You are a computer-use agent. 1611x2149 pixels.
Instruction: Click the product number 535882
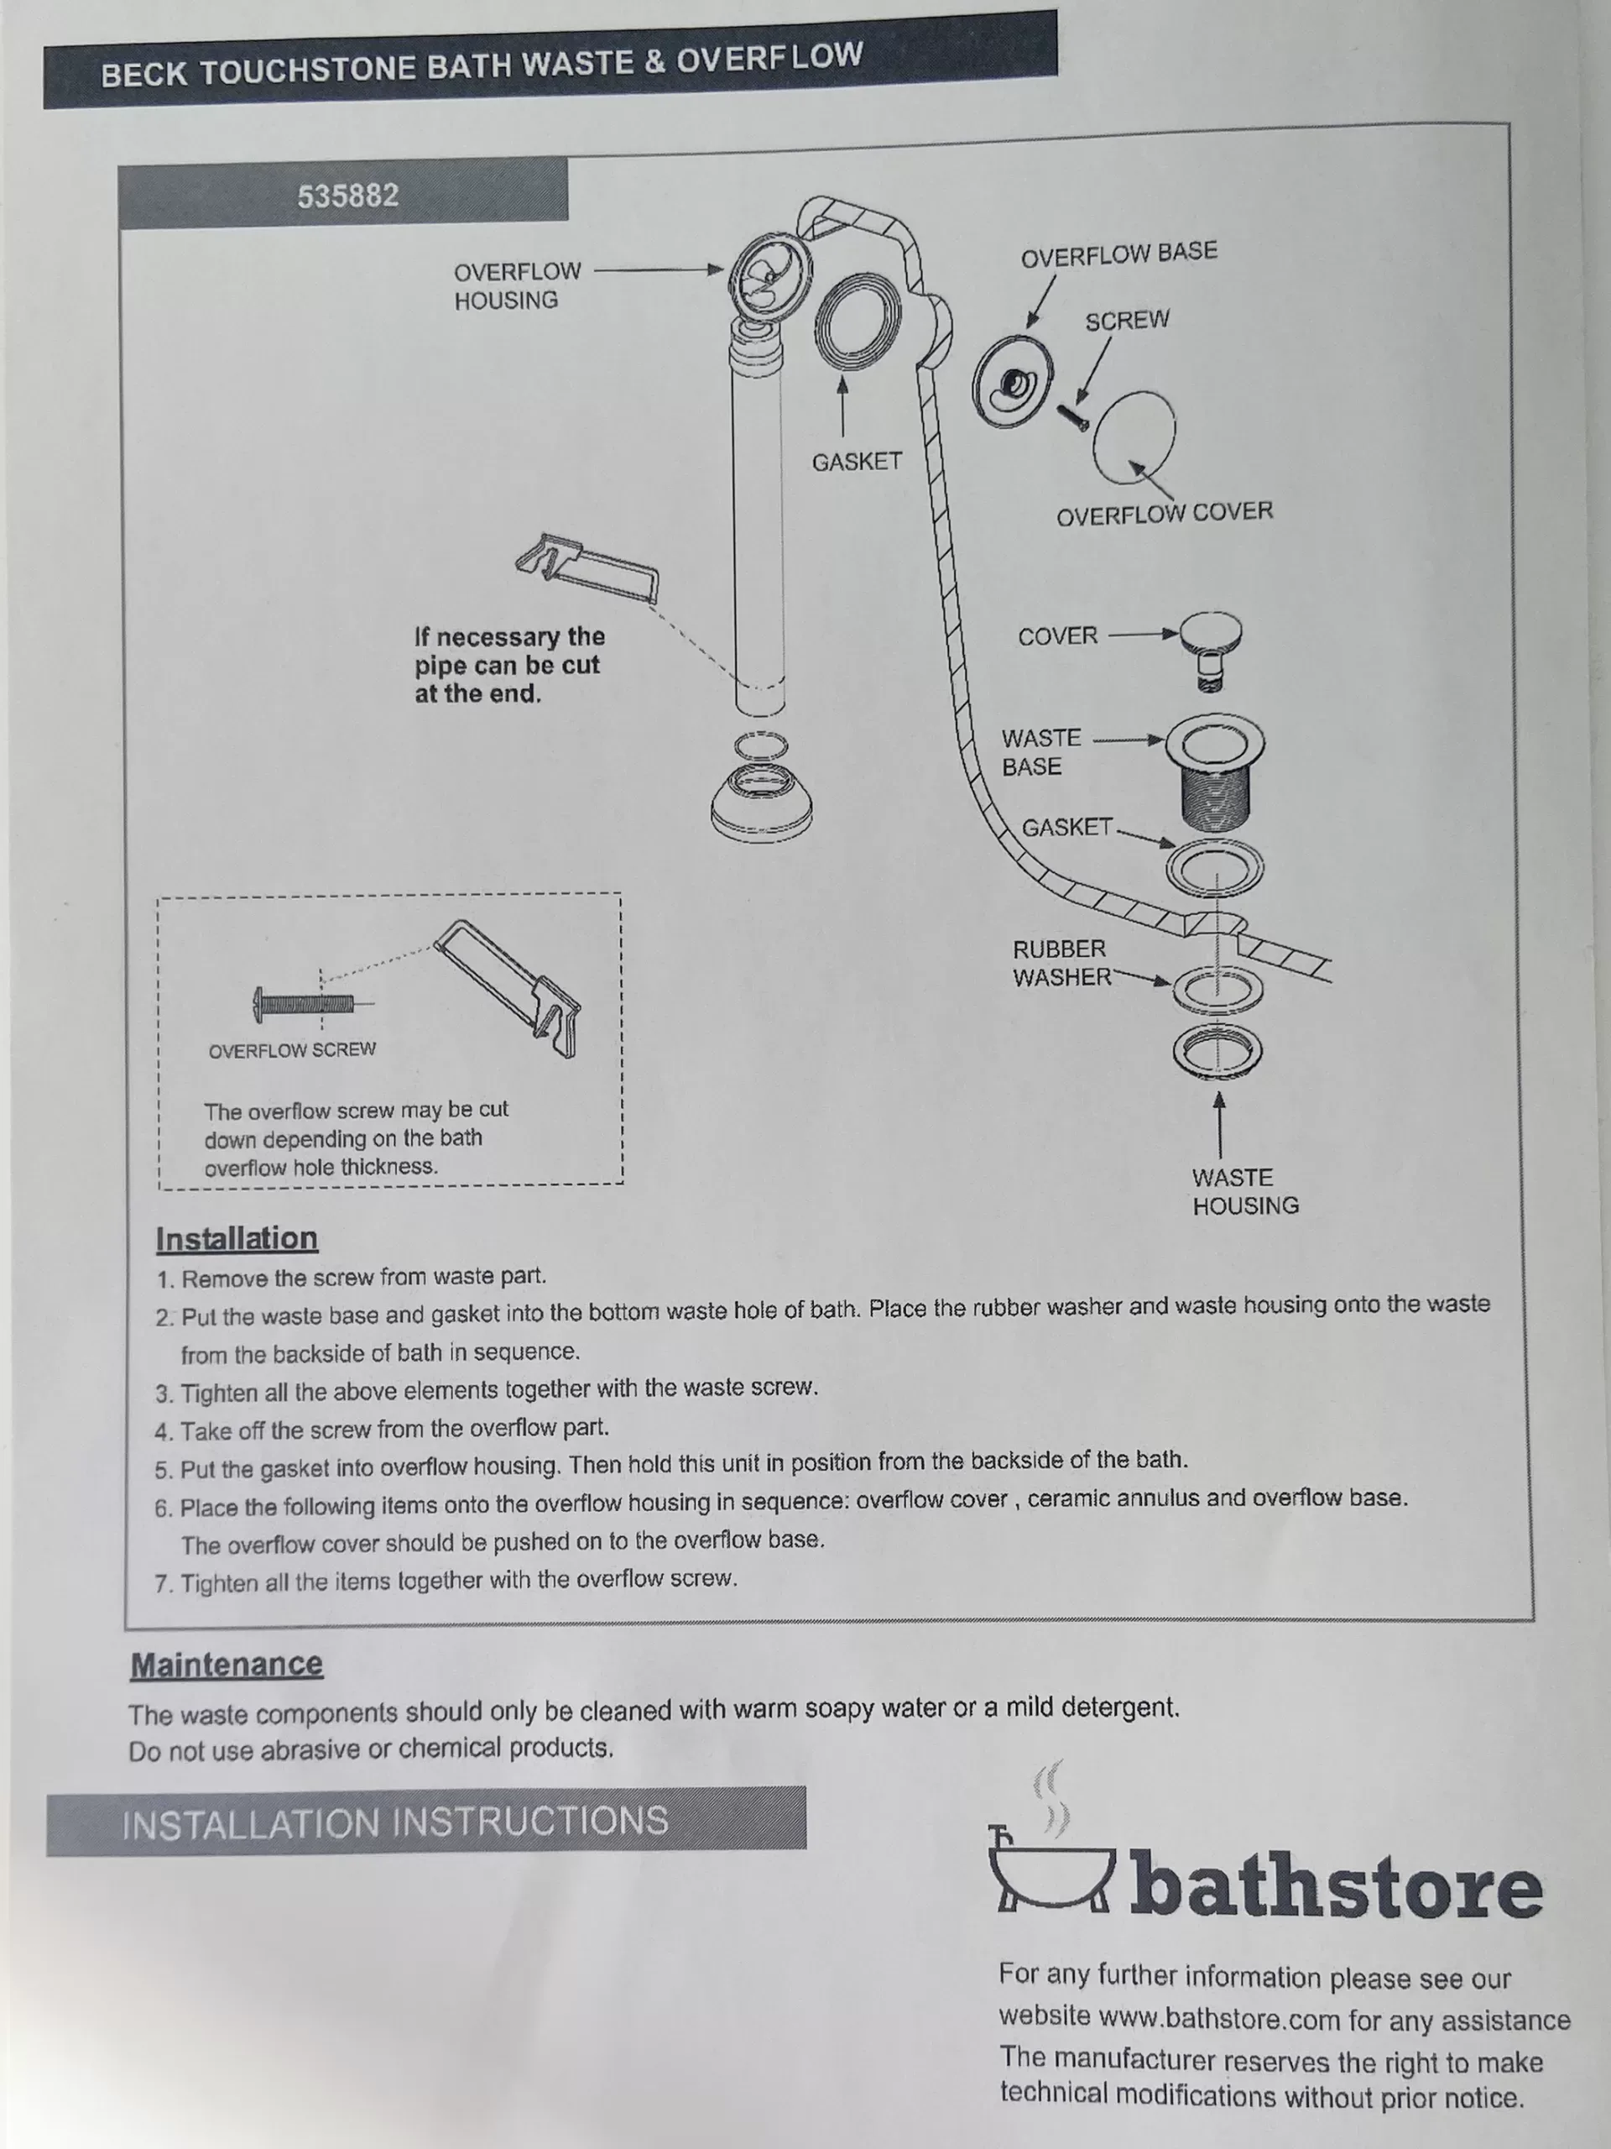tap(347, 196)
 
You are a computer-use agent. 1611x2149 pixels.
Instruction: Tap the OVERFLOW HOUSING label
tap(518, 285)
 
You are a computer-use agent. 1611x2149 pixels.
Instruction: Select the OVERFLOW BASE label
tap(1118, 254)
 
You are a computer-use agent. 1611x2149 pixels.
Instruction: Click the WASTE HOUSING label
tap(1245, 1191)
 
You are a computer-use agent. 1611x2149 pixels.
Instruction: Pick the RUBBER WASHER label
tap(1061, 963)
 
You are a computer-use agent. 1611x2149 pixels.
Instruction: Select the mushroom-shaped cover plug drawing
tap(1211, 650)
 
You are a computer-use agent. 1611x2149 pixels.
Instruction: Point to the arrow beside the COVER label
tap(1143, 635)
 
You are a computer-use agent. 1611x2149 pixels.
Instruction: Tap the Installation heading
tap(237, 1239)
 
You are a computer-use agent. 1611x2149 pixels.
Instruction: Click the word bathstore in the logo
tap(1336, 1885)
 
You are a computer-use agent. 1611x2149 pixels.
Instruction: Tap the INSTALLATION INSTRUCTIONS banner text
tap(395, 1822)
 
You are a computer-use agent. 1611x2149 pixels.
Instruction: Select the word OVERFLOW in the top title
tap(769, 58)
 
